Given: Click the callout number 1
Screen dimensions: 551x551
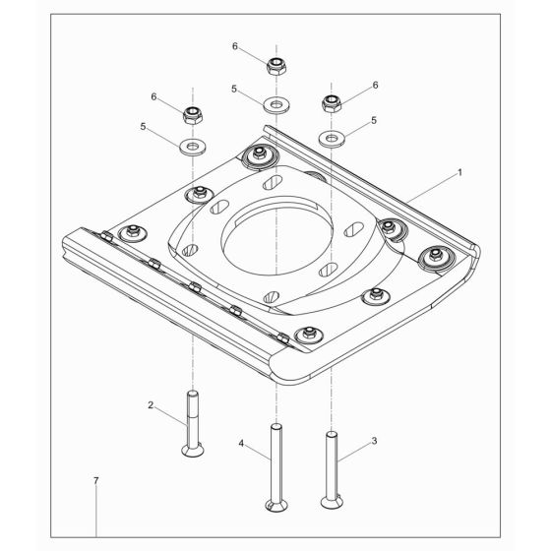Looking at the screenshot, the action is tap(459, 172).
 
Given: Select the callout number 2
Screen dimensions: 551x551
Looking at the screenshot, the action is tap(151, 405).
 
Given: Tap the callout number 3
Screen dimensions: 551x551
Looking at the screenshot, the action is tap(374, 441).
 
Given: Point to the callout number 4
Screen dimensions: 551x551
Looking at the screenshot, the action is tap(241, 444).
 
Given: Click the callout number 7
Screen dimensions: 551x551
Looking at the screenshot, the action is tap(96, 480).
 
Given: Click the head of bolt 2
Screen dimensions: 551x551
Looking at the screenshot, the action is tap(193, 451).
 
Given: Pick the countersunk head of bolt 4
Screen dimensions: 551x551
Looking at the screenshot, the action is tap(276, 506).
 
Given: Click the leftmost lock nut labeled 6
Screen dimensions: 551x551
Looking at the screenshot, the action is tap(193, 115).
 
